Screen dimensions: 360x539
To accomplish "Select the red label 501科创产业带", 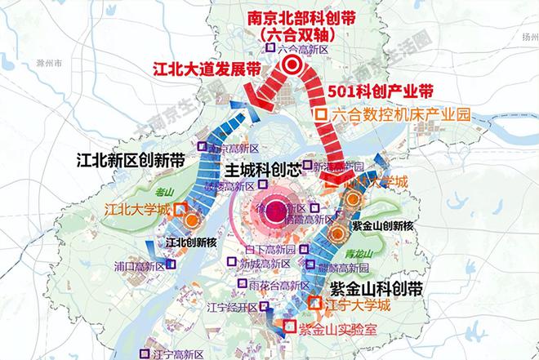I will click(381, 90).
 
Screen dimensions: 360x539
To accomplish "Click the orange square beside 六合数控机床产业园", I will click(323, 115).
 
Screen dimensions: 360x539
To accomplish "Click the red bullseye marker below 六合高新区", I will click(291, 70).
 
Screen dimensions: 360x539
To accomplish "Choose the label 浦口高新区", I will click(141, 265).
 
